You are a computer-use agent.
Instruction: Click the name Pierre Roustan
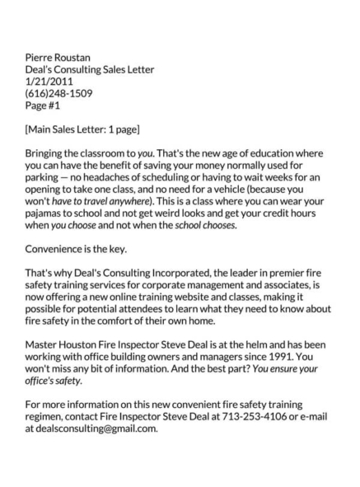pos(58,58)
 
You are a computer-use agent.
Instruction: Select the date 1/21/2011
pos(49,82)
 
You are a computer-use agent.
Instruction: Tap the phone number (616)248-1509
pos(59,93)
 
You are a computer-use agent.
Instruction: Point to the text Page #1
pos(44,105)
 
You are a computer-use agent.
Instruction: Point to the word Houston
pos(85,345)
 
